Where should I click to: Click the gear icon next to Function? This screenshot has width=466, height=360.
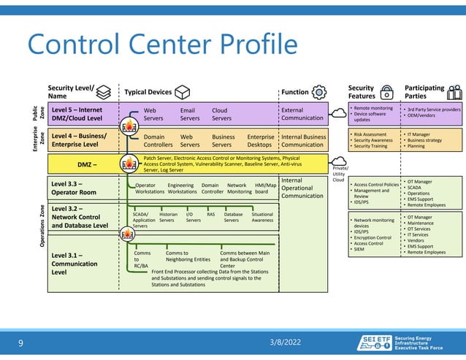(x=318, y=91)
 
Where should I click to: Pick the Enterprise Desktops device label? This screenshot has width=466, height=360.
(x=261, y=140)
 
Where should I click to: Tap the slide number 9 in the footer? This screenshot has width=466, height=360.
(x=20, y=342)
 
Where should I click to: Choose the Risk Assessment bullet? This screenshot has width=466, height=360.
(x=372, y=134)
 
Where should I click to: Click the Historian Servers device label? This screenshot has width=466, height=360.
(x=168, y=217)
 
